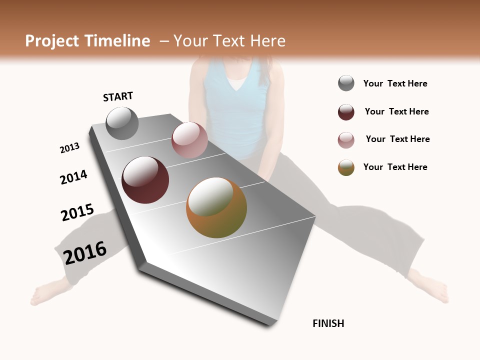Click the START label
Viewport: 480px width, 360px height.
tap(118, 96)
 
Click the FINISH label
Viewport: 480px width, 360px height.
tap(328, 323)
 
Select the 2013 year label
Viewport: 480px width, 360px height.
tap(69, 148)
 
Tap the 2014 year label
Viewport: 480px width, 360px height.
tap(73, 177)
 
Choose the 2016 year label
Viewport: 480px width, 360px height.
tap(85, 252)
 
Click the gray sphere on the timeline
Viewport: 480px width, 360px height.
tap(122, 123)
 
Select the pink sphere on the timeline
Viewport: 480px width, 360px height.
tap(189, 140)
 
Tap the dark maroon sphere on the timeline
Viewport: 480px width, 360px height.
tap(145, 180)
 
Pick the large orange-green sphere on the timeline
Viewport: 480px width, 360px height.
tap(216, 207)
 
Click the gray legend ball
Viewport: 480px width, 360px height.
tap(346, 83)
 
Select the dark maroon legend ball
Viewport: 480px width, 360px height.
tap(346, 112)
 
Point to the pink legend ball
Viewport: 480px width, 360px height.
tap(346, 140)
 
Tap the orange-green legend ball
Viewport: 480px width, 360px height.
tap(346, 167)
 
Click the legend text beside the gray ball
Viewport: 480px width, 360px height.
tap(395, 83)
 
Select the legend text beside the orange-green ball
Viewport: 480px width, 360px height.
tap(395, 167)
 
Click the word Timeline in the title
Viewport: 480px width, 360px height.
tap(117, 41)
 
